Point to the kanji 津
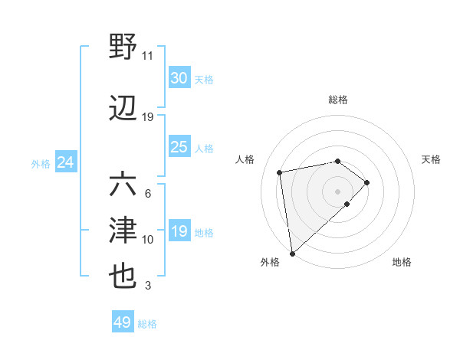pos(123,231)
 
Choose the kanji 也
pos(123,277)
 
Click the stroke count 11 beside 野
pos(148,55)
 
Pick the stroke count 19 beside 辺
pos(148,117)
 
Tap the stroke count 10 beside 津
pos(148,240)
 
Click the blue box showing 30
pos(179,78)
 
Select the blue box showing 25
pos(179,147)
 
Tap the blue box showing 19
pos(179,231)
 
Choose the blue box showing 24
pos(65,162)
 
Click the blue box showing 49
pos(123,322)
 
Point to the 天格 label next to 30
pos(204,79)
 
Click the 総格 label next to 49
pos(147,324)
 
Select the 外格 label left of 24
pos(41,163)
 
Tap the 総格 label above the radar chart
pos(337,100)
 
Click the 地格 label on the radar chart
pos(402,262)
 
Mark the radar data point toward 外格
pos(291,253)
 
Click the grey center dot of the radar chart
pos(337,190)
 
